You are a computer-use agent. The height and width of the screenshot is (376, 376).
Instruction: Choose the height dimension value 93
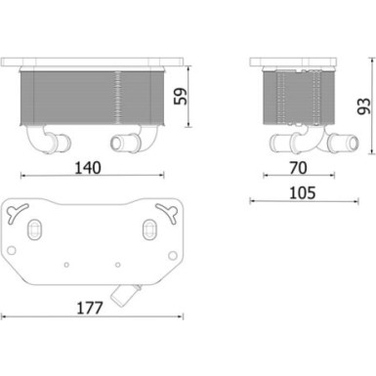[361, 104]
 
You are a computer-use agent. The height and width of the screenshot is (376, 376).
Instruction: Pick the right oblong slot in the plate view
[148, 229]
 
